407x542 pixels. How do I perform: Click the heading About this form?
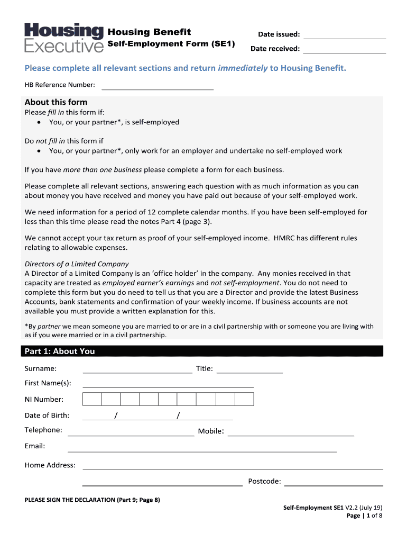tap(56, 102)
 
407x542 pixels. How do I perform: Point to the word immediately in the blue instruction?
tap(243, 68)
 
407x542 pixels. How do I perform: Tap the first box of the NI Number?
tap(92, 400)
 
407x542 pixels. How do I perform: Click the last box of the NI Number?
tap(244, 400)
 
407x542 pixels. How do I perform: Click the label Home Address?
tap(50, 465)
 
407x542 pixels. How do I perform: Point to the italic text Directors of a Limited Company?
tap(77, 264)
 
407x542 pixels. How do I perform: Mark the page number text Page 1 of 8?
tap(364, 516)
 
